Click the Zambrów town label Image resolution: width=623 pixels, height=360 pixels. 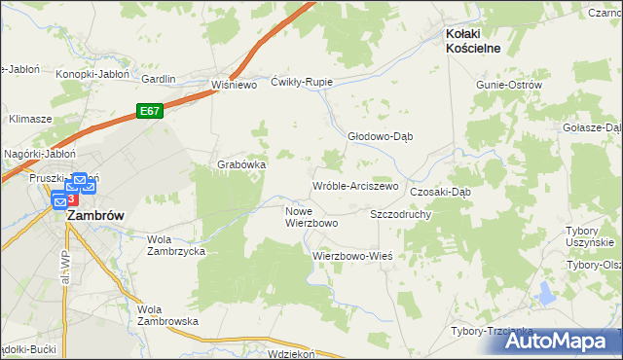click(x=94, y=217)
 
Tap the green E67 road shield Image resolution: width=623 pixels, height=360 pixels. click(x=149, y=112)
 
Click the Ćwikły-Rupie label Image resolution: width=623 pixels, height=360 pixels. click(x=303, y=82)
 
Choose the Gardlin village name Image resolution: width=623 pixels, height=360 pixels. click(x=159, y=79)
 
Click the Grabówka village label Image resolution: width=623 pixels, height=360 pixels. click(x=241, y=164)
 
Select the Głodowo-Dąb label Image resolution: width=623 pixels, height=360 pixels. click(x=381, y=136)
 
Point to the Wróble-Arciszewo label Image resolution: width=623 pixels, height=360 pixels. click(x=355, y=185)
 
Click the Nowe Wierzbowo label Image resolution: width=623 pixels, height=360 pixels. click(x=311, y=217)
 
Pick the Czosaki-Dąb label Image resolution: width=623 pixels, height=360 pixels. click(x=440, y=192)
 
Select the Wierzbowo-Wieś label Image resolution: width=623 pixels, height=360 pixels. click(x=351, y=256)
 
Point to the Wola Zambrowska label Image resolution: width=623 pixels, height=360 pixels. click(x=167, y=314)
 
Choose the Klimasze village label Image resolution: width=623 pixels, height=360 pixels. click(x=30, y=119)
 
